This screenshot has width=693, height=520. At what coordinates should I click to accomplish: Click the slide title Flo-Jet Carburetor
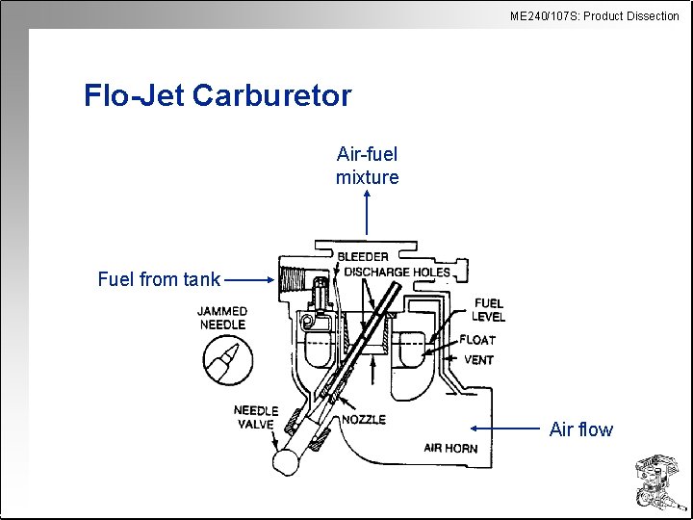pos(218,96)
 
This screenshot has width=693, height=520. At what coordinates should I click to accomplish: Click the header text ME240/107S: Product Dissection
pos(595,15)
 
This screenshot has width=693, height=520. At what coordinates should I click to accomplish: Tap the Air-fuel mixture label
pos(367,166)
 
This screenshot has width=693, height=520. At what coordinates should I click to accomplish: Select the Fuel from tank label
pos(159,280)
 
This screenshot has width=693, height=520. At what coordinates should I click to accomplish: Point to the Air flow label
pos(580,429)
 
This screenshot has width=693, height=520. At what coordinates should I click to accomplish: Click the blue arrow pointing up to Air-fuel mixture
pos(367,213)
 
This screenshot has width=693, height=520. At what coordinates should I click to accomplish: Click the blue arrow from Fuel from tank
pos(250,280)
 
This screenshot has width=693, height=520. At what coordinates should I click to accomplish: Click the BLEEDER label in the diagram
pos(363,257)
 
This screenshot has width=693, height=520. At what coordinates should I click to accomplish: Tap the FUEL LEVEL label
pos(488,310)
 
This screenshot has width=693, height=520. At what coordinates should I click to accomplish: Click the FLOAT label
pos(477,340)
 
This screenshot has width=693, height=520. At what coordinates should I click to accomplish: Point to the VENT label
pos(478,360)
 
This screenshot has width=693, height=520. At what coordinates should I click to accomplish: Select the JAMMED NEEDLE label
pos(222,318)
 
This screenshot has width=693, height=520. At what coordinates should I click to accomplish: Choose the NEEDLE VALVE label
pos(256,418)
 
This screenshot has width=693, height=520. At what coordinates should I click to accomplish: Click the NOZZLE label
pos(364,420)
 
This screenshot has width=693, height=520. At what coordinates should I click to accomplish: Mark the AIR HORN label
pos(450,448)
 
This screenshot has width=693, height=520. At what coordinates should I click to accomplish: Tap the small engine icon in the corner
pos(656,482)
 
